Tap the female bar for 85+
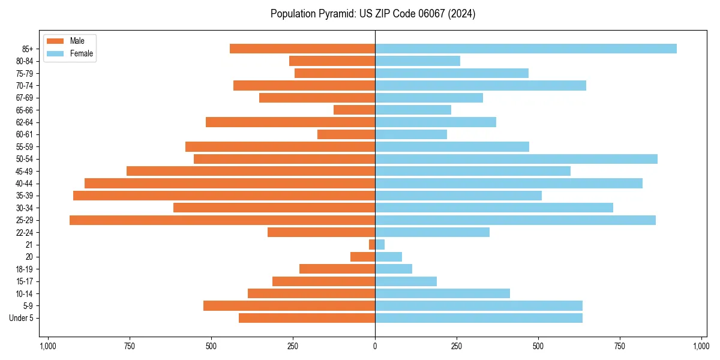point(526,49)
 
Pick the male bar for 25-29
point(222,220)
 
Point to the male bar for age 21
point(372,245)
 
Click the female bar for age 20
point(388,257)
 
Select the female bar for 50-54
point(516,159)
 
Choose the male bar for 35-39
point(224,196)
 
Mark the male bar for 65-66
point(354,110)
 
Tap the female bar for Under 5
point(479,318)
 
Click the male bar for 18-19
point(337,269)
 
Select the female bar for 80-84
point(418,61)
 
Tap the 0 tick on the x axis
point(375,346)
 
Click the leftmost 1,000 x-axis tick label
point(48,346)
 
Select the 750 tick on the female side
point(620,346)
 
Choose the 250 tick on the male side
point(293,346)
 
